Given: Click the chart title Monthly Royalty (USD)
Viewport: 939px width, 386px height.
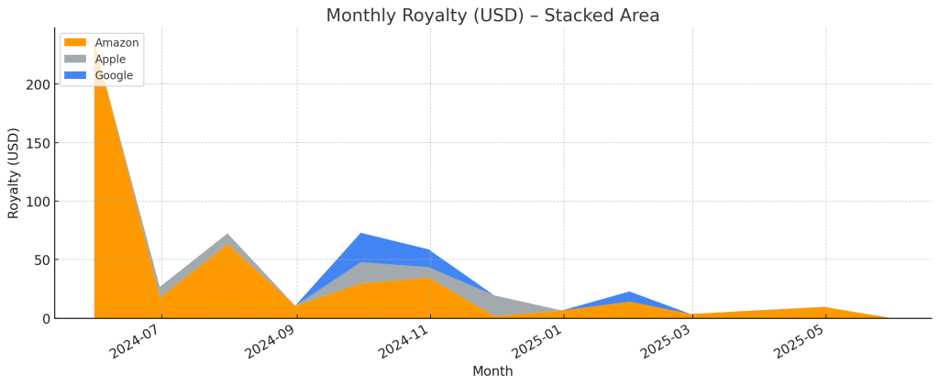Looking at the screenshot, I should click(x=492, y=16).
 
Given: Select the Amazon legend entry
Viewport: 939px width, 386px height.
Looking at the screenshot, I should click(x=116, y=42).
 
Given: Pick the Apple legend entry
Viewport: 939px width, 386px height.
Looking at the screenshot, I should click(x=110, y=59).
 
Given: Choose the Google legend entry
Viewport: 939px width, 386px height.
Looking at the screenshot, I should click(x=114, y=75).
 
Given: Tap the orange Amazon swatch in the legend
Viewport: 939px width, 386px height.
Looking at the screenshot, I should click(x=76, y=42).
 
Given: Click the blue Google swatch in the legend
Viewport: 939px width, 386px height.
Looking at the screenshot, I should click(x=76, y=75).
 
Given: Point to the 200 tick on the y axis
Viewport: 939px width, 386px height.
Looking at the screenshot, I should click(x=38, y=84).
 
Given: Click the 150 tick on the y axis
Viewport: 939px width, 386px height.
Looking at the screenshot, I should click(x=38, y=143).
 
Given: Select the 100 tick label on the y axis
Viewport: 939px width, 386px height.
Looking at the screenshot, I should click(x=38, y=202).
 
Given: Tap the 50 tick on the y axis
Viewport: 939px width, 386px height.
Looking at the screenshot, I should click(x=41, y=259).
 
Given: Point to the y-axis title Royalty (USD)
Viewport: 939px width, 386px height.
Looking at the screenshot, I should click(x=14, y=172).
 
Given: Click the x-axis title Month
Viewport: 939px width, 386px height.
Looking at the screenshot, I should click(x=492, y=371).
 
